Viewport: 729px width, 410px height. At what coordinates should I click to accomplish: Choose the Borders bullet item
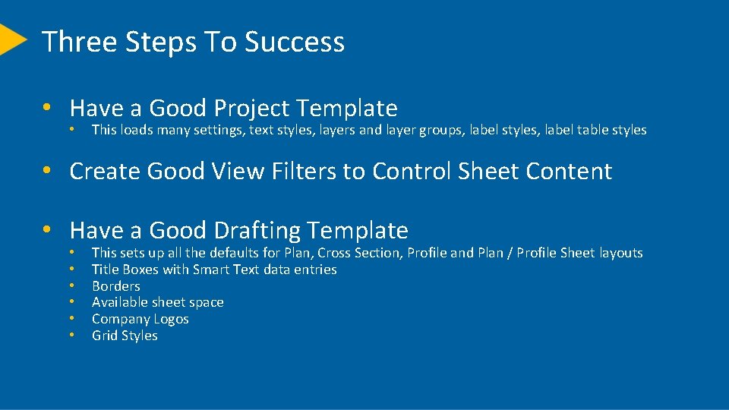coord(115,286)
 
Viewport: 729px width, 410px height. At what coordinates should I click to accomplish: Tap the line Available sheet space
coord(157,302)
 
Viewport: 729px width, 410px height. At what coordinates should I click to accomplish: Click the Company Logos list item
coord(140,319)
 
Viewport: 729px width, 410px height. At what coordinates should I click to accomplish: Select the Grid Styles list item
coord(125,336)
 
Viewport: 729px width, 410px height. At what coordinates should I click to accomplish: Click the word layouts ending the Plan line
coord(620,253)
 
